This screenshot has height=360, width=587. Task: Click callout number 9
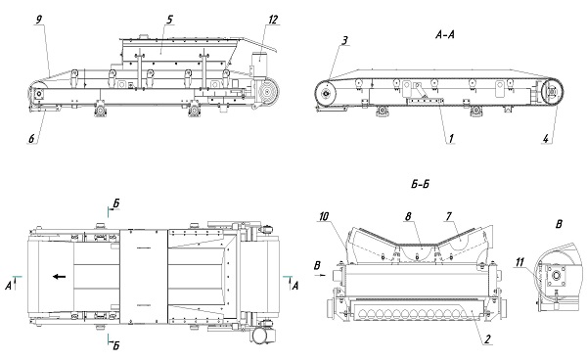tap(39, 20)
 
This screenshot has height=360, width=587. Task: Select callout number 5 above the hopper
tap(169, 20)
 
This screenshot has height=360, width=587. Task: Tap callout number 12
tap(273, 20)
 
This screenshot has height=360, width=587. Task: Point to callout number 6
tap(32, 139)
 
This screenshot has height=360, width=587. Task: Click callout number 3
tap(344, 40)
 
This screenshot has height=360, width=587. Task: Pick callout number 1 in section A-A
tap(451, 139)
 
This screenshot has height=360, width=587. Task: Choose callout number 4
tap(546, 139)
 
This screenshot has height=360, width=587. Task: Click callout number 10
tap(324, 216)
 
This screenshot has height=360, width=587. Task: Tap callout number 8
tap(408, 216)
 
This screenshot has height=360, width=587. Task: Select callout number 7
tap(448, 216)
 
